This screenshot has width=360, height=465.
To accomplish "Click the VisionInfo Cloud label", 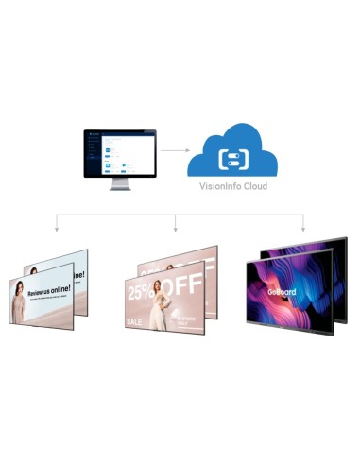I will point(233,187).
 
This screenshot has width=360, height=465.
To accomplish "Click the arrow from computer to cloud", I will point(172,149).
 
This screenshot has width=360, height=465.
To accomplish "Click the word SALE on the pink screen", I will point(137,321).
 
